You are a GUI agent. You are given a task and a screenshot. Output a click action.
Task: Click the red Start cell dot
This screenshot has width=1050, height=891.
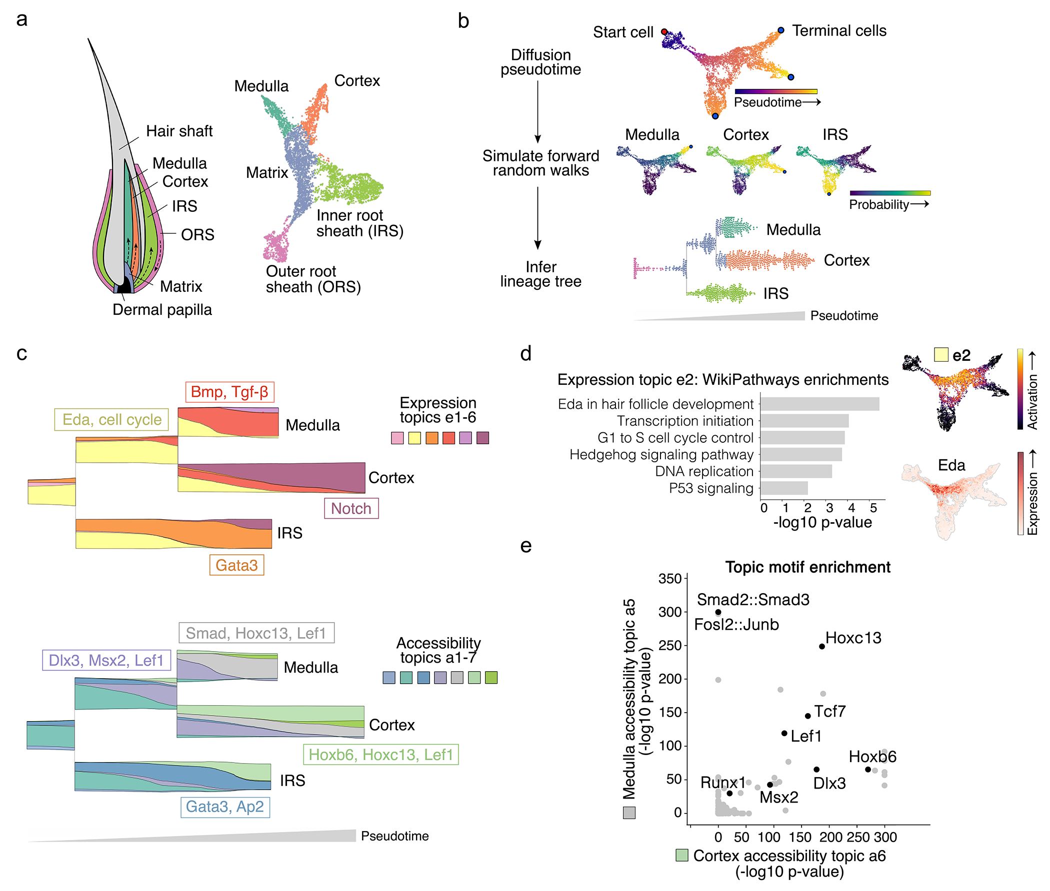click(664, 32)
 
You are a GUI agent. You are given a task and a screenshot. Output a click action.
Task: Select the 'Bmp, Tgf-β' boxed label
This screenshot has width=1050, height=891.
click(229, 391)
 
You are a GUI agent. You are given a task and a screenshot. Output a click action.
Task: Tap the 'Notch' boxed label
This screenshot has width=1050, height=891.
click(351, 508)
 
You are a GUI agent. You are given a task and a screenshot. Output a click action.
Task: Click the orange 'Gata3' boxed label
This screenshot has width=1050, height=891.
click(236, 565)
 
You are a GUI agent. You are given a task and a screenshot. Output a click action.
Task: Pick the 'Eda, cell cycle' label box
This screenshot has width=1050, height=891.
click(111, 419)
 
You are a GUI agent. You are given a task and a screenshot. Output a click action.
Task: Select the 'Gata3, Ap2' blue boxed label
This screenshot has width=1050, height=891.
click(225, 807)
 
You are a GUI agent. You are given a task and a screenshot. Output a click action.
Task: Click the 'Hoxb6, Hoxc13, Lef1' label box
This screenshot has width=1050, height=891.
click(380, 755)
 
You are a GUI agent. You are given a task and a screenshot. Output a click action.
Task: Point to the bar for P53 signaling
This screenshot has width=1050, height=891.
click(783, 488)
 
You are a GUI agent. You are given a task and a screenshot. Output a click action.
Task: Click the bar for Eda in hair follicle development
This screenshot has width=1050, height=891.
click(819, 404)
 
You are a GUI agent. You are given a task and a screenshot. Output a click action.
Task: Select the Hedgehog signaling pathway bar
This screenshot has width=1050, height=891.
click(801, 455)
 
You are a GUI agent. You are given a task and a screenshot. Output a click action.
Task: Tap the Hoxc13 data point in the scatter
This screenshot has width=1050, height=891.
click(822, 647)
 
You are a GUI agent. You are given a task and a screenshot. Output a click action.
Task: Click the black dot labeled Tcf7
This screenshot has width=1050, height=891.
click(808, 716)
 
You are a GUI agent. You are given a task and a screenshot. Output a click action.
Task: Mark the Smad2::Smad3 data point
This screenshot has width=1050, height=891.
click(718, 612)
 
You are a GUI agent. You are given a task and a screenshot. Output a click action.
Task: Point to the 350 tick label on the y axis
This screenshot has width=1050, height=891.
click(670, 578)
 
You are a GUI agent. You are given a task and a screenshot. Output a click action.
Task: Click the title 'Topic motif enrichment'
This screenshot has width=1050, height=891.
click(807, 567)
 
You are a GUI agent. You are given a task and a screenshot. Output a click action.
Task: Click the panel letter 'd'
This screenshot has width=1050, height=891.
click(525, 354)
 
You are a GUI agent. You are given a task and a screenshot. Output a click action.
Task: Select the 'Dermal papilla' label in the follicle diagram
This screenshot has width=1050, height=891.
click(162, 310)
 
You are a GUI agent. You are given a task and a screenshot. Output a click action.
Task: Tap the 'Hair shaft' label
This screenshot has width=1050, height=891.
click(179, 131)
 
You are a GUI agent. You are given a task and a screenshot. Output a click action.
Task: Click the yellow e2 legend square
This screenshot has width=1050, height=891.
click(941, 355)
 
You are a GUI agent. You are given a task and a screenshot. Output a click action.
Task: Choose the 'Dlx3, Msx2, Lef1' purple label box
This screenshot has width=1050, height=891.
click(106, 660)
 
